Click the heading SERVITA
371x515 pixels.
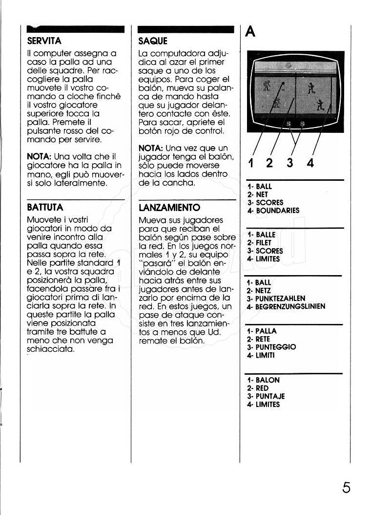tap(44, 41)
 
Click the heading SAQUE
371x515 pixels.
tap(153, 41)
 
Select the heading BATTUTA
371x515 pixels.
tap(45, 207)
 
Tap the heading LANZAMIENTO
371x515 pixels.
tap(169, 208)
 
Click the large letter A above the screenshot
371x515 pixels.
tap(250, 32)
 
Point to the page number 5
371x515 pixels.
tap(346, 488)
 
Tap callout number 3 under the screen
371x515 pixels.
tap(289, 163)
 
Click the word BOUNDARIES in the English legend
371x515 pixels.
tap(277, 211)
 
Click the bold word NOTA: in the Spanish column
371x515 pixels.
tap(150, 148)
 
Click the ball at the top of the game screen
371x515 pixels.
tap(288, 64)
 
